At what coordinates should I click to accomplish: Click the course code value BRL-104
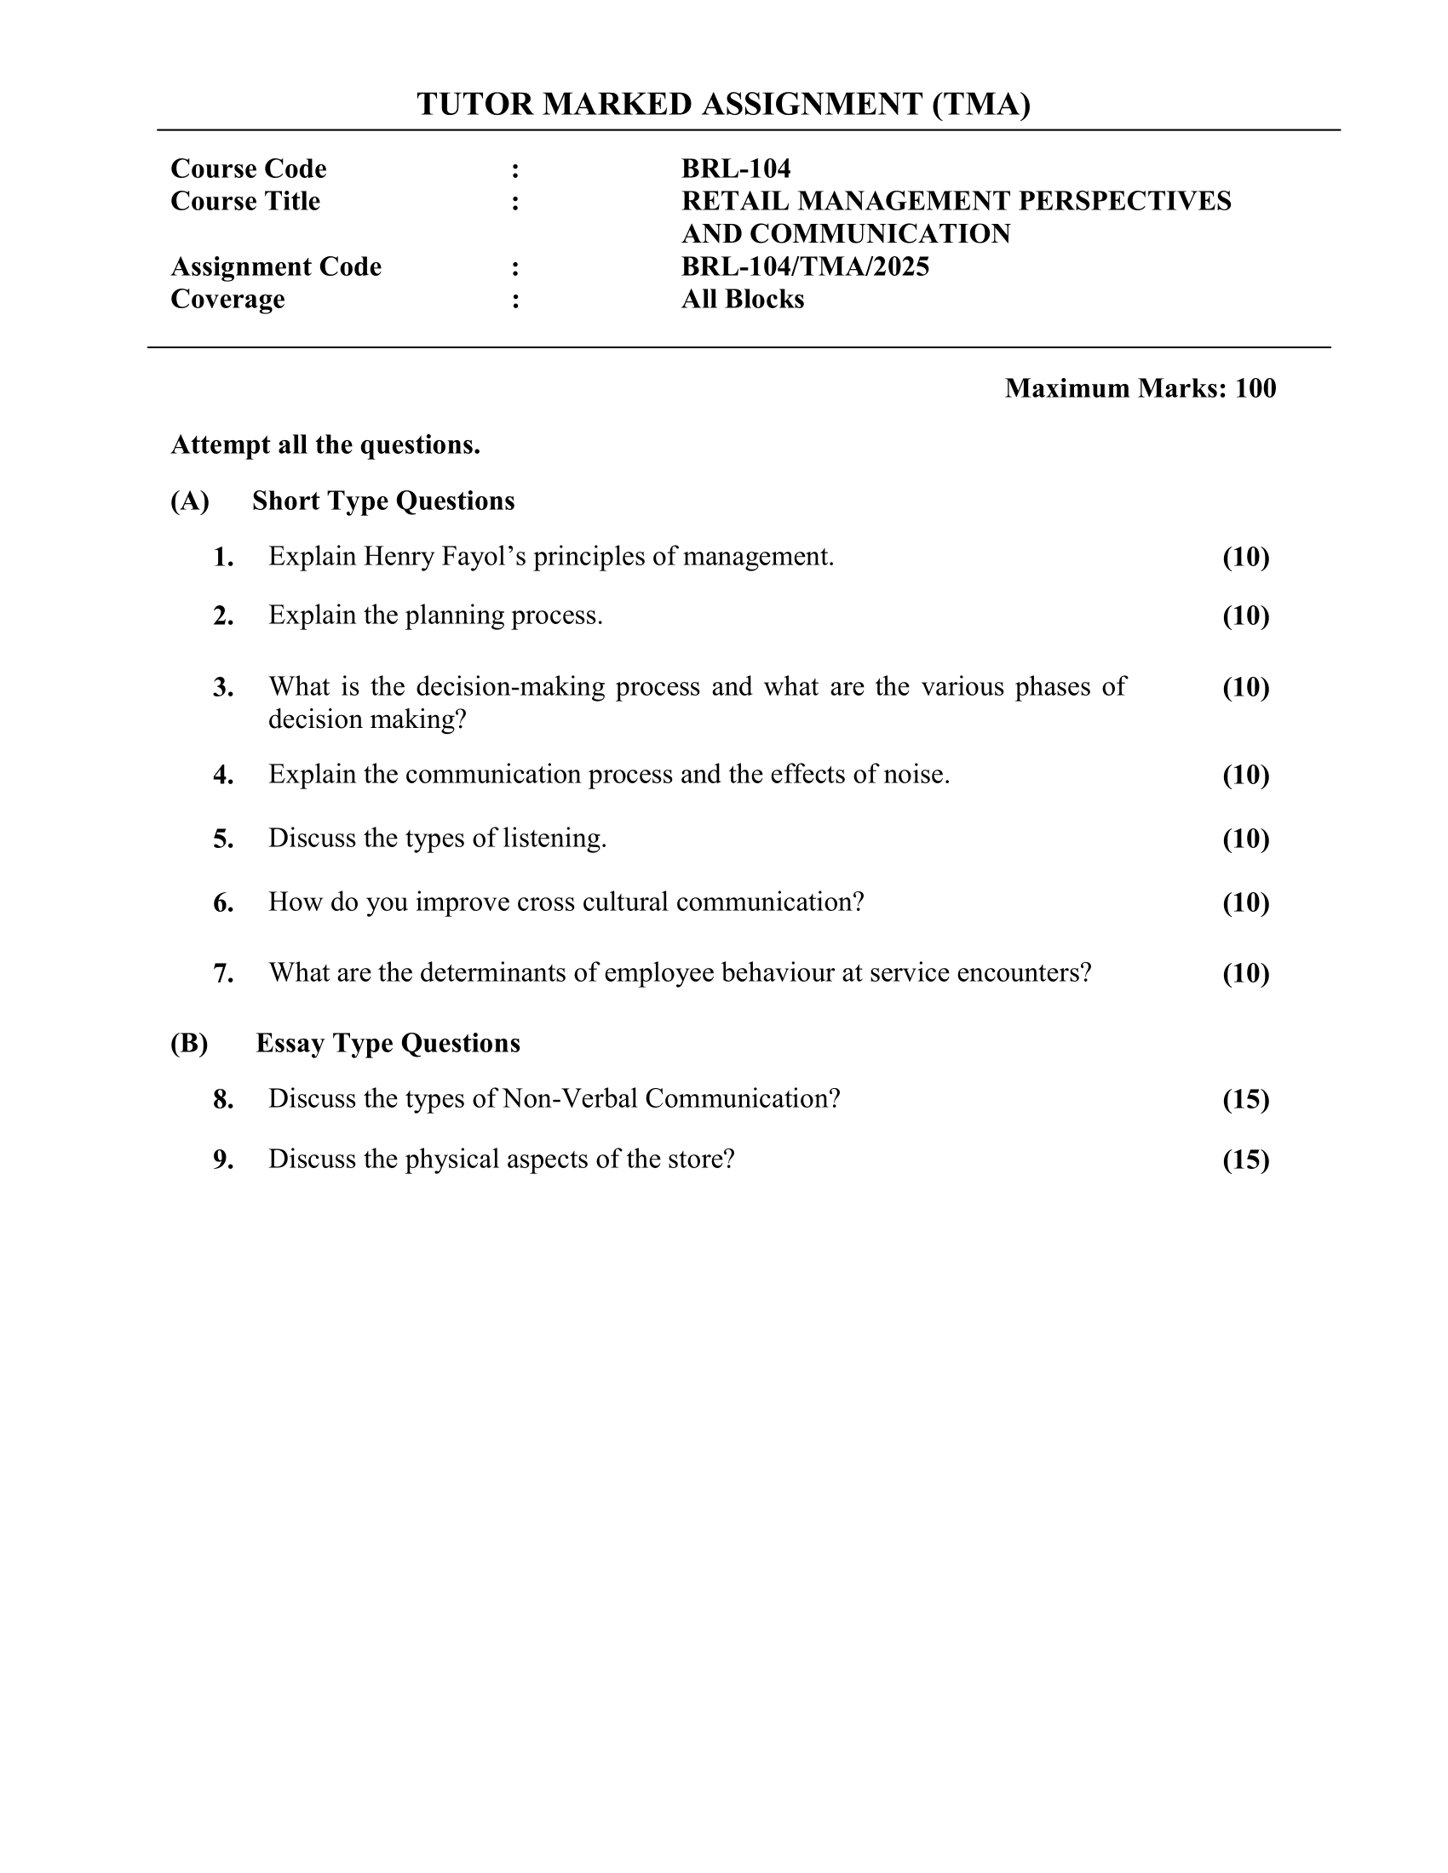pyautogui.click(x=735, y=169)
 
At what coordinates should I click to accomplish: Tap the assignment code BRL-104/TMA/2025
pyautogui.click(x=805, y=266)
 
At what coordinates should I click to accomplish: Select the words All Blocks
pyautogui.click(x=742, y=300)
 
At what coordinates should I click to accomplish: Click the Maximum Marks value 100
pyautogui.click(x=1255, y=388)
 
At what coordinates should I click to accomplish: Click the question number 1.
pyautogui.click(x=223, y=558)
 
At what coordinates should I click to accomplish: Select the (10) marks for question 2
pyautogui.click(x=1245, y=616)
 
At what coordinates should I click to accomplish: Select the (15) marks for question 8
pyautogui.click(x=1245, y=1099)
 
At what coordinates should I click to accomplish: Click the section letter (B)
pyautogui.click(x=190, y=1044)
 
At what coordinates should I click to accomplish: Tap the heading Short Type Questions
pyautogui.click(x=383, y=501)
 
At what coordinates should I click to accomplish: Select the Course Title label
pyautogui.click(x=245, y=202)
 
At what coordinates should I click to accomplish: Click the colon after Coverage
pyautogui.click(x=515, y=301)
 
